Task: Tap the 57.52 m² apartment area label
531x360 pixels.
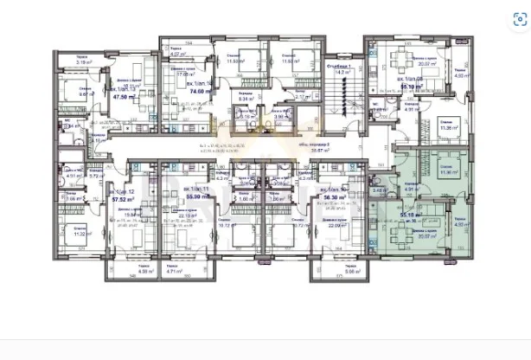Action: point(109,198)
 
